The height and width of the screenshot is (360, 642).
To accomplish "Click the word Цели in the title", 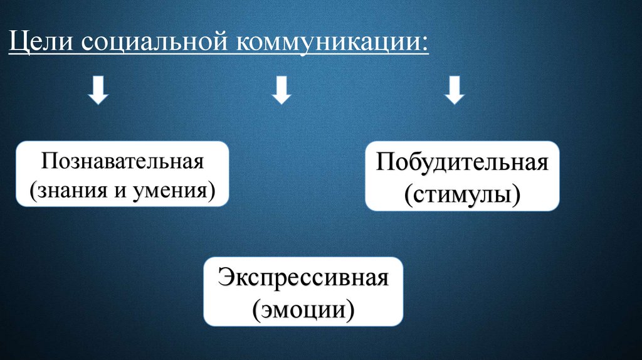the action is tap(41, 45).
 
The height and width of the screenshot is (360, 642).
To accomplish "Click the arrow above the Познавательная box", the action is tap(99, 92).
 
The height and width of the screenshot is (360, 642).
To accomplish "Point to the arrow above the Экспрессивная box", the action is tap(282, 92).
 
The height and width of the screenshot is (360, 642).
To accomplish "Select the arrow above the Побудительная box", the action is tap(453, 92).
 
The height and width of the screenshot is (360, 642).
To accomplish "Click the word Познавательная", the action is tap(124, 161).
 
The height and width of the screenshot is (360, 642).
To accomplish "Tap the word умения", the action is tap(172, 189).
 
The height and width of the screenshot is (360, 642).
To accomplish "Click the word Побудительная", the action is tap(463, 164).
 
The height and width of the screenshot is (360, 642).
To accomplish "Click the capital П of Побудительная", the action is tap(384, 164).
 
